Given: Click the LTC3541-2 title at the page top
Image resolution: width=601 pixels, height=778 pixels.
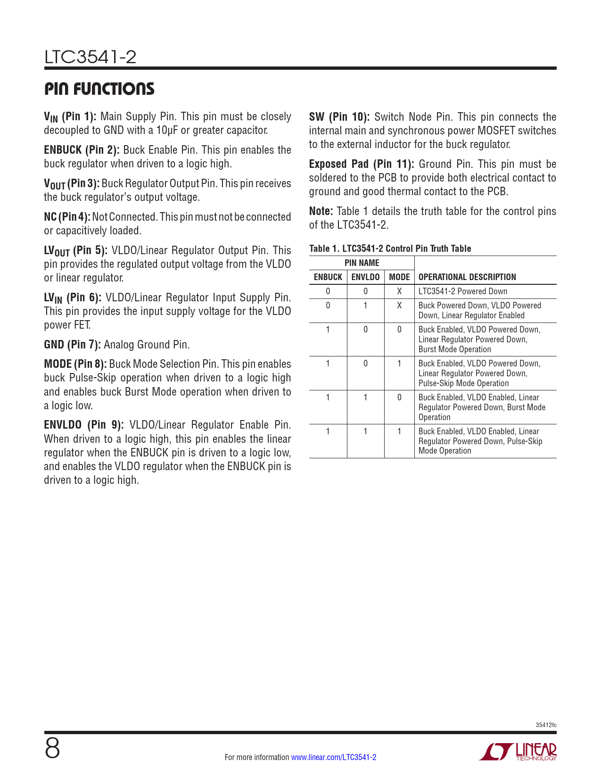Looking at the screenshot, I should (x=91, y=57).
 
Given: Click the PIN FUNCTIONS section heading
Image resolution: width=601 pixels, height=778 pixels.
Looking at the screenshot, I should (x=99, y=89).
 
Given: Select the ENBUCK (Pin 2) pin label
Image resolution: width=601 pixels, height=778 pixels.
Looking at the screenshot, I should (x=82, y=150).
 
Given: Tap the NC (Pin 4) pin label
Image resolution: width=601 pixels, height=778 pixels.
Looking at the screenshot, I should (x=67, y=217).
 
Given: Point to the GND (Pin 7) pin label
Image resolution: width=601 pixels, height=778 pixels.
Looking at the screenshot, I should (x=72, y=345).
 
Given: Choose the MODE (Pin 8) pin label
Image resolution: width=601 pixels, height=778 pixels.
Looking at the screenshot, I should (x=75, y=364).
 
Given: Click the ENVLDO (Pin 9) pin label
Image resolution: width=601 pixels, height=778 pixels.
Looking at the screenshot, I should (x=84, y=425).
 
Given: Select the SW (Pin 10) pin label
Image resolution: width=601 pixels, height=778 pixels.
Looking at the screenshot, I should (x=339, y=117).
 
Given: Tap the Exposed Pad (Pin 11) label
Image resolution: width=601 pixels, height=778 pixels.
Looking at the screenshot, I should (x=362, y=164).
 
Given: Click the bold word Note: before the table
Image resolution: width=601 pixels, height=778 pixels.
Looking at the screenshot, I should (x=321, y=211).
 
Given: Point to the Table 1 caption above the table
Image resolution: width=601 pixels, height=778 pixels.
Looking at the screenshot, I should (x=390, y=248).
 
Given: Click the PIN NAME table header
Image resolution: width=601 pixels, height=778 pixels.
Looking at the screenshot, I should (x=362, y=263).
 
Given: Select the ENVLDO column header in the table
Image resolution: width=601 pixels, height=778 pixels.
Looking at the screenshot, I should (x=365, y=277).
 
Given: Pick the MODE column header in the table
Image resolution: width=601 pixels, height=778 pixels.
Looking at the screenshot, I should (x=399, y=277).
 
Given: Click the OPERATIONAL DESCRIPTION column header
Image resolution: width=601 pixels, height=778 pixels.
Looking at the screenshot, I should (x=467, y=277).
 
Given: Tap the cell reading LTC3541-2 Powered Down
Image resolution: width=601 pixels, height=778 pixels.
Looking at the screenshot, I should (x=462, y=291).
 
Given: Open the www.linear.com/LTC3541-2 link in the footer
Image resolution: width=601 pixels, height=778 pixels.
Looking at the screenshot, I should (x=334, y=757).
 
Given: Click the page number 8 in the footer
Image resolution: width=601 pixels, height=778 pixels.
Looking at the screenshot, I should (x=52, y=748).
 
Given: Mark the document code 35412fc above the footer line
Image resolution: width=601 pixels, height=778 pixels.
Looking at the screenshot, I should (x=546, y=725).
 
